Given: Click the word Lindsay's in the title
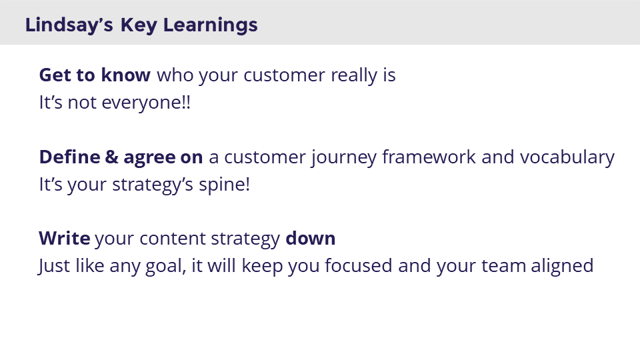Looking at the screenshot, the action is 69,25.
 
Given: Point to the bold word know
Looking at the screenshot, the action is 126,75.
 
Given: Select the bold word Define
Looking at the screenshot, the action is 69,157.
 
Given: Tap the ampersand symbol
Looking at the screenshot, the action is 111,157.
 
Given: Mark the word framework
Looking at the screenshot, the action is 429,157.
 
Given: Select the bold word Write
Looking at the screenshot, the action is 65,239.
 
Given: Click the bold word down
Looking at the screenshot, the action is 310,239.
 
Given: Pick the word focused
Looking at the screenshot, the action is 359,266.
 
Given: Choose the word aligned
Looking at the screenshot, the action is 562,267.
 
